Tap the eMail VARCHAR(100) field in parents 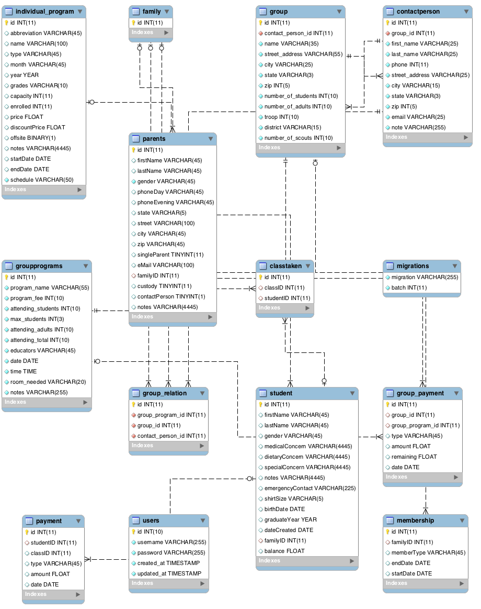click(x=166, y=265)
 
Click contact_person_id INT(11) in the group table click(x=298, y=33)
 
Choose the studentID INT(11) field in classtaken click(x=287, y=298)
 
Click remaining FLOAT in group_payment click(x=414, y=457)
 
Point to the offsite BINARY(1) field click(x=33, y=138)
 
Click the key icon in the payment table click(x=27, y=532)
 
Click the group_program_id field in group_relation click(x=171, y=415)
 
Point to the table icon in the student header click(x=263, y=393)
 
